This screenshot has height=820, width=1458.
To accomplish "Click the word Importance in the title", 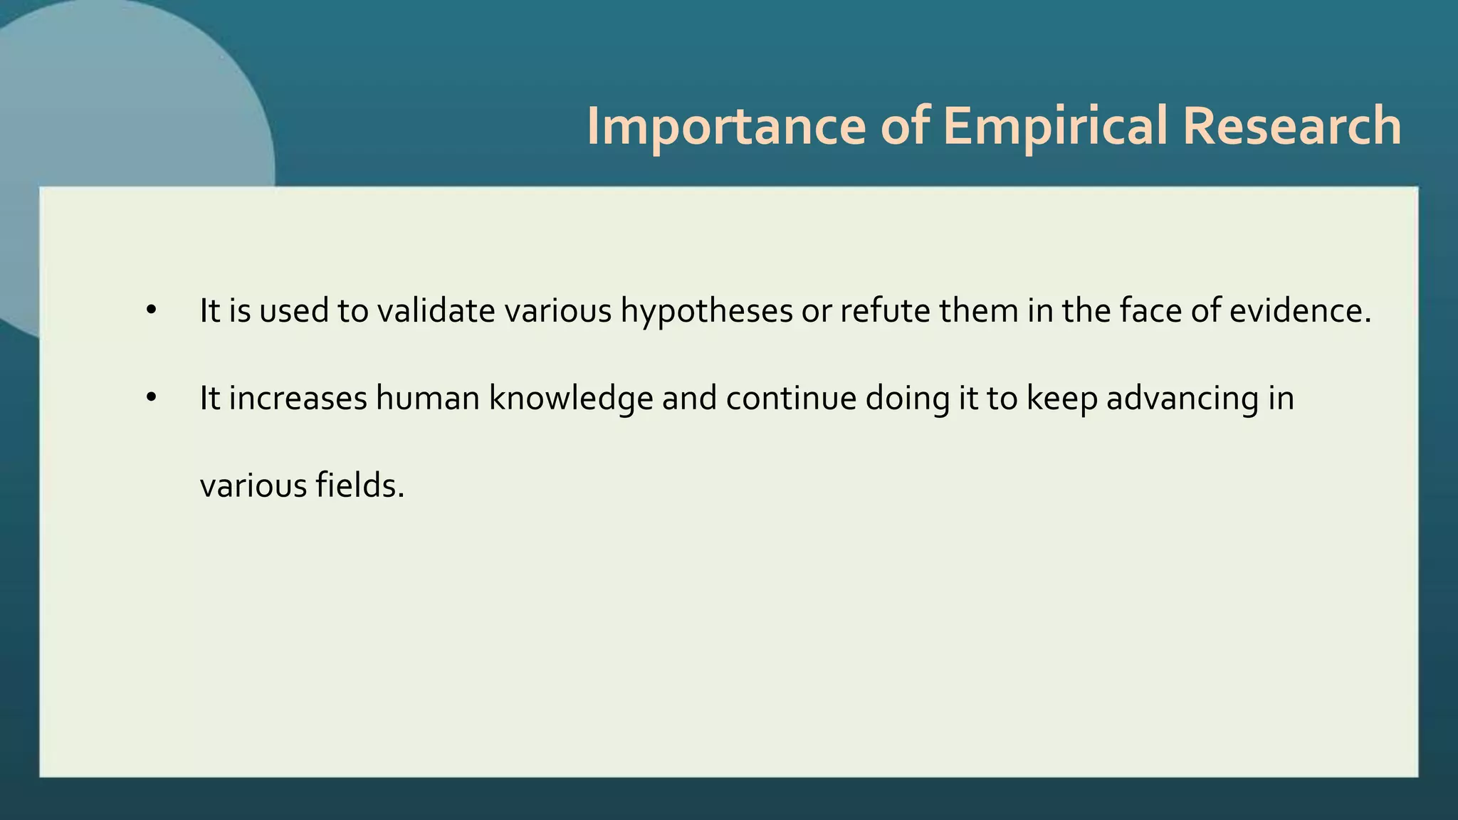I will (x=725, y=126).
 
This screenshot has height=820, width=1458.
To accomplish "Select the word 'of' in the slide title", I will (x=905, y=126).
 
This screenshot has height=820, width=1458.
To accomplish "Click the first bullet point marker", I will (x=150, y=311).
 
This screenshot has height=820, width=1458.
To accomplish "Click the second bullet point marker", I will (x=150, y=399).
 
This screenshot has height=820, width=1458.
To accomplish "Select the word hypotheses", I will (x=706, y=311).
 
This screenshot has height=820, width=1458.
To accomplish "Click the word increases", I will (x=298, y=399).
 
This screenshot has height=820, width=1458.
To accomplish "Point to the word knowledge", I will (x=570, y=399).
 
